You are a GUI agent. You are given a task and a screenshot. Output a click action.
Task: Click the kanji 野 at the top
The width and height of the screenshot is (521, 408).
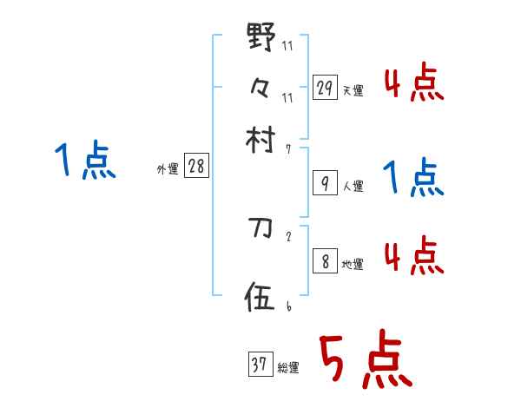tap(260, 39)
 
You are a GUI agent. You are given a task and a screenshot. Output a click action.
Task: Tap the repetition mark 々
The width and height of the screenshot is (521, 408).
tap(260, 87)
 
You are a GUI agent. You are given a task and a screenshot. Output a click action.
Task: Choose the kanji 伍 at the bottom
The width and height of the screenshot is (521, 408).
tap(260, 298)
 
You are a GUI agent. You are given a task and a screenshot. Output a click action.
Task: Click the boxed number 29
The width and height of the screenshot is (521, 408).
tap(325, 88)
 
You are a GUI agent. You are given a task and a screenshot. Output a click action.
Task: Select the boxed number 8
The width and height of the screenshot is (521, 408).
tap(325, 261)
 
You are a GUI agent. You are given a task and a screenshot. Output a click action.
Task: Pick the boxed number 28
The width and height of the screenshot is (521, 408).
tap(196, 167)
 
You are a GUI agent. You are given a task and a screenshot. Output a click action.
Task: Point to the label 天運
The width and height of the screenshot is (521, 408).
tap(353, 90)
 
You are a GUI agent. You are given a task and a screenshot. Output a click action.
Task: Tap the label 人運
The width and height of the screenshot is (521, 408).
tap(353, 186)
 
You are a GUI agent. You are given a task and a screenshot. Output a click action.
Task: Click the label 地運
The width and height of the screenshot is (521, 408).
tap(353, 264)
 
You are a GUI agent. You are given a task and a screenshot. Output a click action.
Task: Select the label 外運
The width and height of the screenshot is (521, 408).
tap(168, 169)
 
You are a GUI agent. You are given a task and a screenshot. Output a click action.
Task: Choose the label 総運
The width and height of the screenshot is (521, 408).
tap(288, 368)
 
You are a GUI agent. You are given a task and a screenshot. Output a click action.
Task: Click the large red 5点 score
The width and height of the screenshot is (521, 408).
tap(365, 360)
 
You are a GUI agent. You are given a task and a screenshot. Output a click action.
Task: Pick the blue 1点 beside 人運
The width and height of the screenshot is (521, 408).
tap(413, 179)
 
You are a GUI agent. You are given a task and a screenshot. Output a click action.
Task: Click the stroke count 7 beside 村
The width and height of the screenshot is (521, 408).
tap(288, 149)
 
